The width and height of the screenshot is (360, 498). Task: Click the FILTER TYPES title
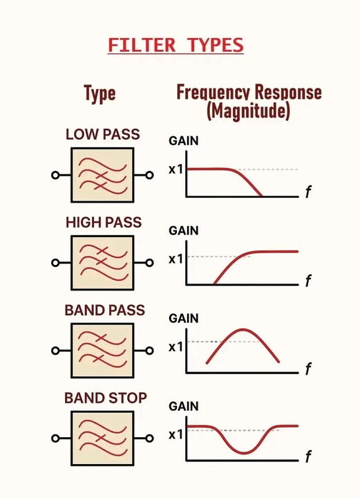point(176,45)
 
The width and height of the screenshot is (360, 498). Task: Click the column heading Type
point(100,93)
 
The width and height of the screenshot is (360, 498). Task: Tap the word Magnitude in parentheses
point(248,111)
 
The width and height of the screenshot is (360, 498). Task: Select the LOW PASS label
point(102,134)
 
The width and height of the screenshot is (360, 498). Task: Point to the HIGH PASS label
point(104,222)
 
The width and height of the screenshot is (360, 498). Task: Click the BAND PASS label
point(104,310)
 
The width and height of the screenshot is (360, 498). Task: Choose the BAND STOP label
point(106,398)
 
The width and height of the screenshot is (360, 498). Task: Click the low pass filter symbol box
point(102,175)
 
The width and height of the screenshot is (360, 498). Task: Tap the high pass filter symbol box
point(102,263)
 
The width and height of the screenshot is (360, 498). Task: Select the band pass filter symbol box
point(102,351)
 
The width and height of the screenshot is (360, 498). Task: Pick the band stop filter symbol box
point(102,439)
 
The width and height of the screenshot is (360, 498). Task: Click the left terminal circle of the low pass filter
point(55,175)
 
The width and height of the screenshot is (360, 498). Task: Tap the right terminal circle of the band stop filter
point(150,439)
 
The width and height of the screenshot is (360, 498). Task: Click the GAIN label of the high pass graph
point(184,230)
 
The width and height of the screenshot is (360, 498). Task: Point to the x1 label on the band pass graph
point(176,347)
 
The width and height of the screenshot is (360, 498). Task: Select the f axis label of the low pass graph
point(308,192)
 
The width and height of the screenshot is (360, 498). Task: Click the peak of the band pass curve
point(243,330)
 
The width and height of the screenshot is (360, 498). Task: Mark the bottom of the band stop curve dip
point(244,452)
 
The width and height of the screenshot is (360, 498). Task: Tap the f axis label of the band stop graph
point(308,456)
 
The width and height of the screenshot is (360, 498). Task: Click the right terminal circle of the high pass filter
point(150,263)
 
